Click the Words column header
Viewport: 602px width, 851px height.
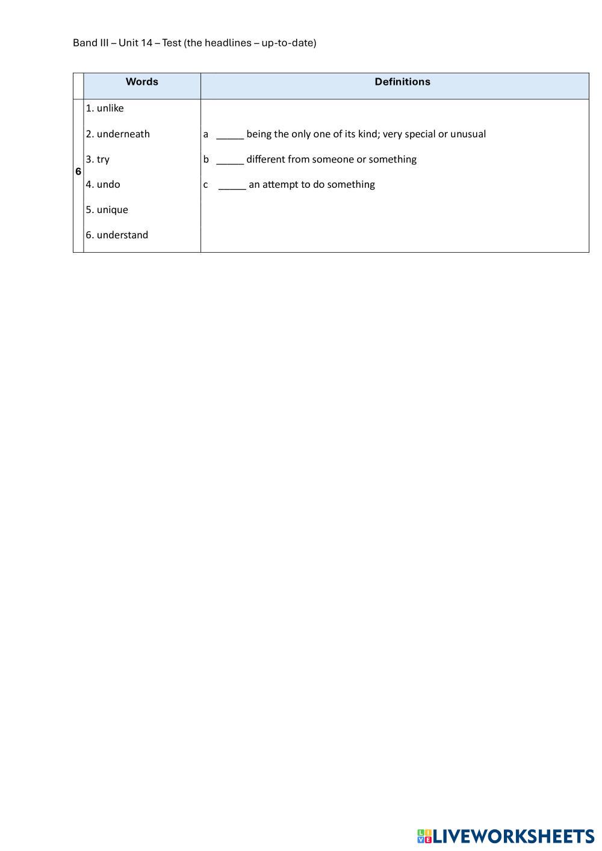[x=141, y=82]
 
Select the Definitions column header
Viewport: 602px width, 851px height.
[x=402, y=82]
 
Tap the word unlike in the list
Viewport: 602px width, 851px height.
[x=110, y=108]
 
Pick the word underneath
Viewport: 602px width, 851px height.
[x=123, y=134]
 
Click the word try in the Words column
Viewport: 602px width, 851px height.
[x=103, y=159]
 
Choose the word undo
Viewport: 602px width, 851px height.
[x=108, y=184]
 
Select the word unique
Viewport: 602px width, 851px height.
[x=113, y=209]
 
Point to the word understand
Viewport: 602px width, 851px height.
[x=122, y=235]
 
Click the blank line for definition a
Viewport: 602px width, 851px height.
[x=230, y=135]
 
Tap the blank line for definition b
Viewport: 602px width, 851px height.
[x=230, y=160]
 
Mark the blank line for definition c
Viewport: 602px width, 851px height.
[x=232, y=185]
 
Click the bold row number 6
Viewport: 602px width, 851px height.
[x=78, y=172]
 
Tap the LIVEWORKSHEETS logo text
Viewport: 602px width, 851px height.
[x=514, y=836]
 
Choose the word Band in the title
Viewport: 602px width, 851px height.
[x=84, y=43]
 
